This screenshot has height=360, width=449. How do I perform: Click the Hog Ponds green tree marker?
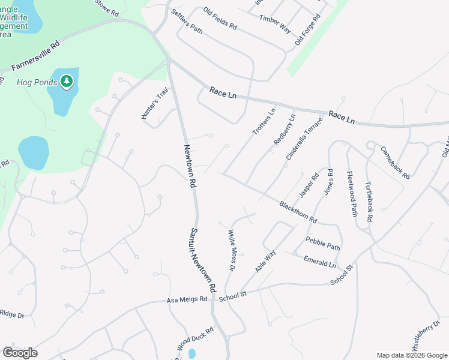click(66, 81)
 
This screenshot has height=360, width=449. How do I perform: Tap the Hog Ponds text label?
click(33, 83)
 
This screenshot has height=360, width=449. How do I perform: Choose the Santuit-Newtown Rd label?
click(199, 261)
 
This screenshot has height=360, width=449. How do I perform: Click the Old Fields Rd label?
click(220, 19)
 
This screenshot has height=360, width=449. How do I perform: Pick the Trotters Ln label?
click(264, 121)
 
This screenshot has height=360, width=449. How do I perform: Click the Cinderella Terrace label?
click(304, 139)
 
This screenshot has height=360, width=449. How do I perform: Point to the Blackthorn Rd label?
click(298, 212)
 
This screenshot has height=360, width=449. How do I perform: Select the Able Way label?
click(265, 261)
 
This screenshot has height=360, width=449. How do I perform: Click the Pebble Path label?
click(323, 244)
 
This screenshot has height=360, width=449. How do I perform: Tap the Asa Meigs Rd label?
click(187, 299)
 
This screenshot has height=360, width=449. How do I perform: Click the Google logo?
click(20, 353)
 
